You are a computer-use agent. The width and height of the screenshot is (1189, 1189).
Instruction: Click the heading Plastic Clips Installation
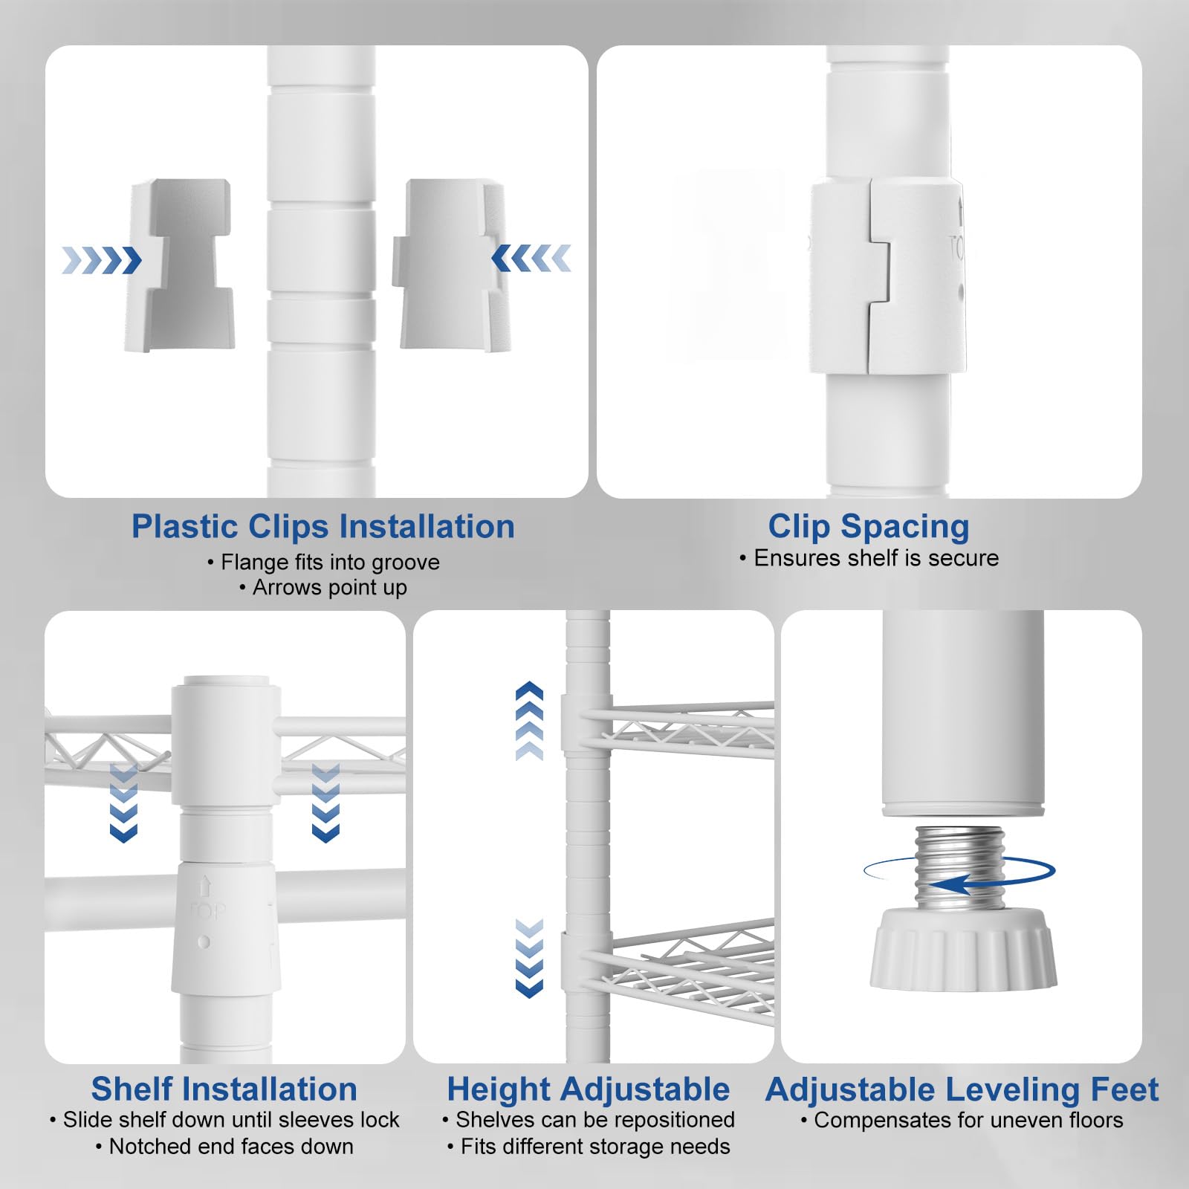pyautogui.click(x=323, y=527)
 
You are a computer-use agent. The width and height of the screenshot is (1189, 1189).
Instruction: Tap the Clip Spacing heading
pyautogui.click(x=869, y=527)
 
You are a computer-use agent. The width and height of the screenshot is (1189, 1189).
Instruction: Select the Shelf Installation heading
pyautogui.click(x=224, y=1089)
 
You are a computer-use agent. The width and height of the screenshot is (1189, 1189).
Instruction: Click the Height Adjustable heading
pyautogui.click(x=589, y=1090)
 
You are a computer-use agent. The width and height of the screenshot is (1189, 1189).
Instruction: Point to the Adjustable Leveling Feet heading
pyautogui.click(x=962, y=1090)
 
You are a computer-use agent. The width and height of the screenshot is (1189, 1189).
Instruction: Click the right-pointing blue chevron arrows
pyautogui.click(x=102, y=260)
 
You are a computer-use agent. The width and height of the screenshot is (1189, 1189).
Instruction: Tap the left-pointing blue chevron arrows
pyautogui.click(x=531, y=258)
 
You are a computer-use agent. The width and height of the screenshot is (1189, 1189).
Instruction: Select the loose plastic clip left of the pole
pyautogui.click(x=179, y=265)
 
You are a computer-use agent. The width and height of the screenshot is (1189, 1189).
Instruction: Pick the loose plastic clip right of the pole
pyautogui.click(x=452, y=264)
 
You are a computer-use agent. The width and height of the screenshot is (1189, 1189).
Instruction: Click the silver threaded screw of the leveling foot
pyautogui.click(x=960, y=866)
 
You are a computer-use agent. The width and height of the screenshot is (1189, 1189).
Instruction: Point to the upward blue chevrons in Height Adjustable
pyautogui.click(x=529, y=720)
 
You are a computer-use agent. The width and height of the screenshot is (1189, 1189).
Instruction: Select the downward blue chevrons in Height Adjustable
pyautogui.click(x=529, y=958)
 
